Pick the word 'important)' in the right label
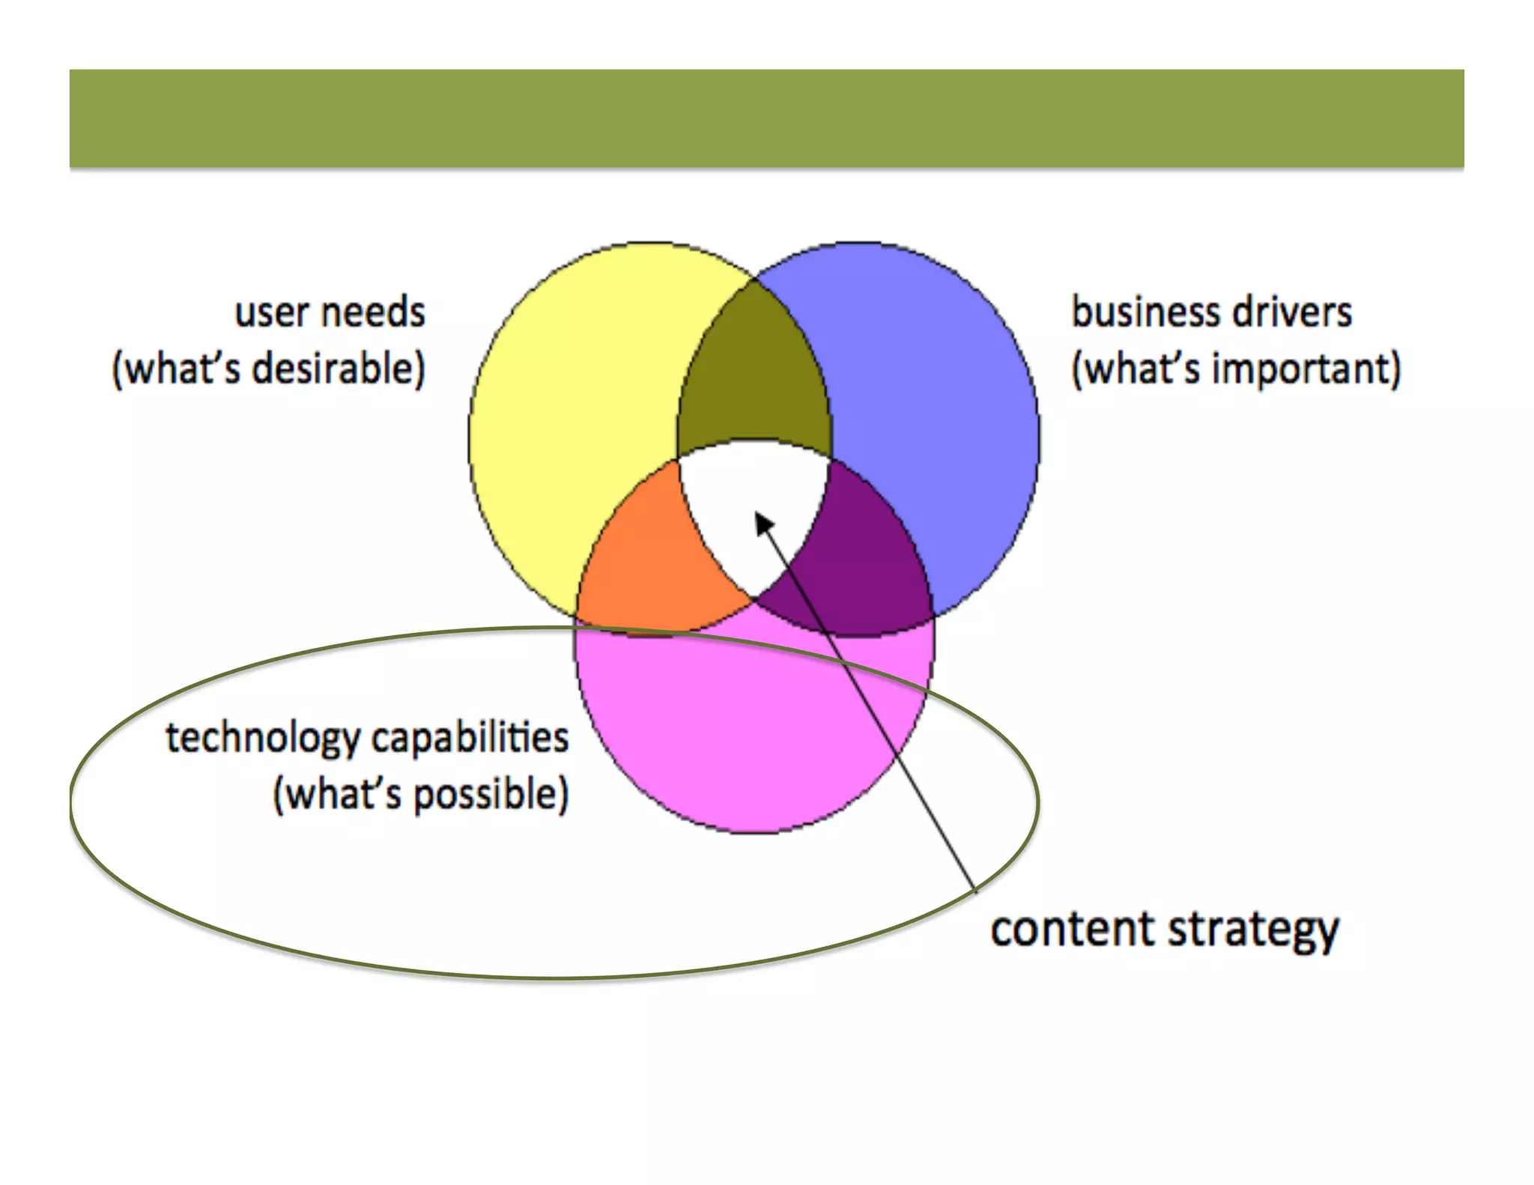[x=1307, y=369]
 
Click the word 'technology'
[x=263, y=739]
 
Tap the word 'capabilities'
[x=470, y=739]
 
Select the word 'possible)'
[x=491, y=795]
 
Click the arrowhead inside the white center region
[x=763, y=522]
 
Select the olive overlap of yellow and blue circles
[x=754, y=367]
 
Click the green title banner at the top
[x=766, y=118]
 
